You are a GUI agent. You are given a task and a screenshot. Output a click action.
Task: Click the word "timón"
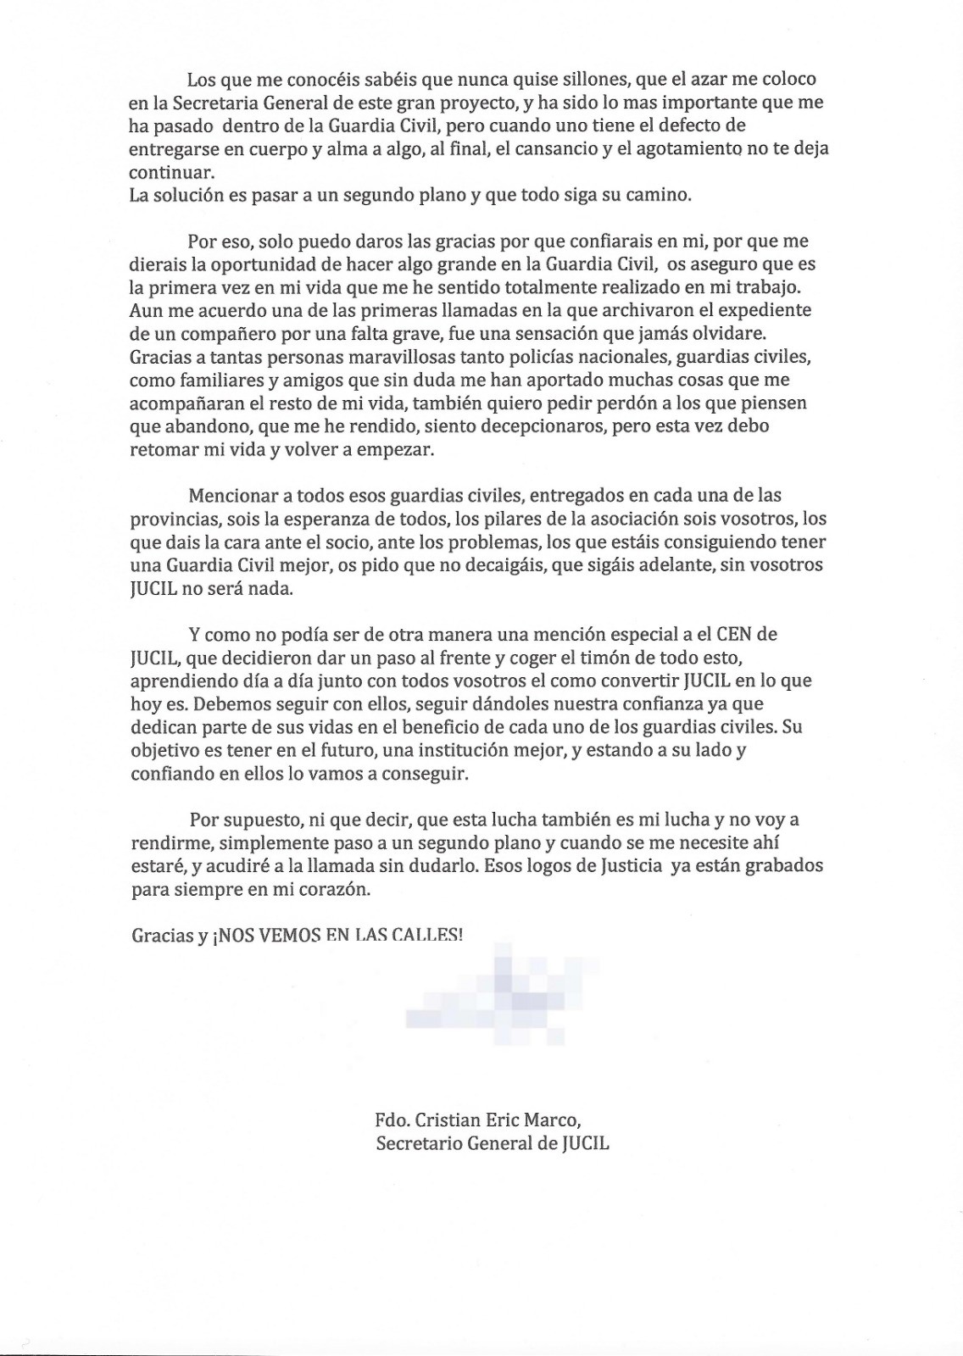click(x=613, y=657)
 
